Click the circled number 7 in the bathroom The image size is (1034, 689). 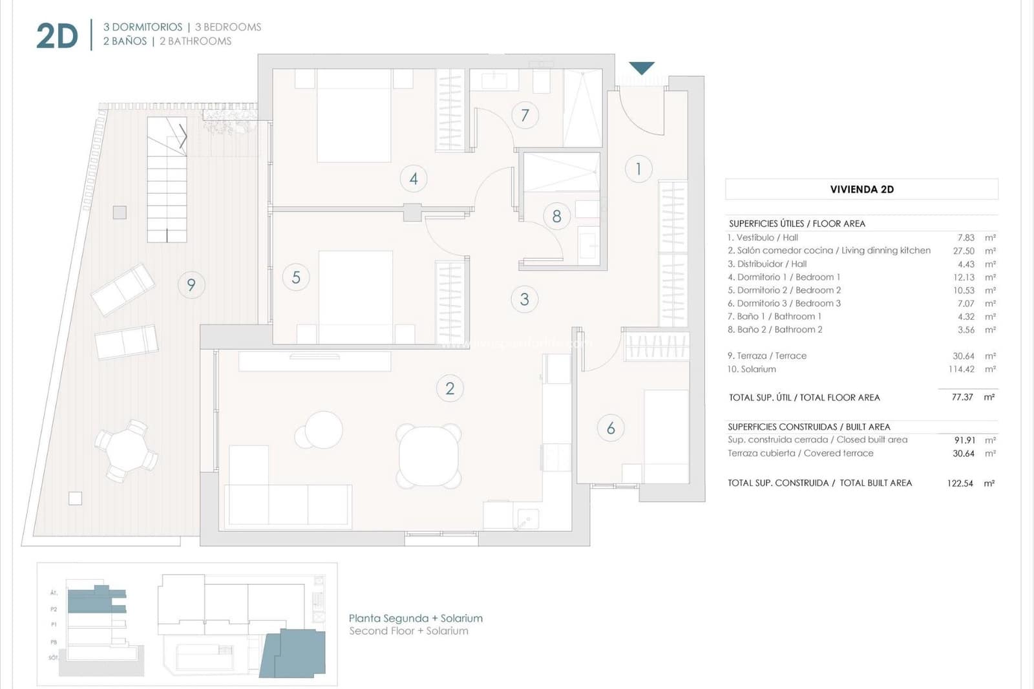[x=525, y=116]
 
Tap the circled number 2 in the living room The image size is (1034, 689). [x=450, y=388]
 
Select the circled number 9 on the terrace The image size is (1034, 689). [x=191, y=285]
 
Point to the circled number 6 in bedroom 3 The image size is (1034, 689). [x=611, y=428]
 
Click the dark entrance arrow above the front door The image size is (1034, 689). [x=642, y=68]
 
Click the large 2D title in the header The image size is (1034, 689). [x=57, y=36]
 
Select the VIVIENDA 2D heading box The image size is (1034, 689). [x=861, y=189]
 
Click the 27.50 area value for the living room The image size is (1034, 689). [x=964, y=251]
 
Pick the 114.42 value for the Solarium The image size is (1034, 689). [x=961, y=369]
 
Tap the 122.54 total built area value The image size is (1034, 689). [x=960, y=483]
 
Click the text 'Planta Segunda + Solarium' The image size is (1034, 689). [x=416, y=619]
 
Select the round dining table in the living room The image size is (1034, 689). [x=429, y=456]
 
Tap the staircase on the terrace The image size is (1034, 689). [x=167, y=180]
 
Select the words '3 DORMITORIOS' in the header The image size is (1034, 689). [x=143, y=27]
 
